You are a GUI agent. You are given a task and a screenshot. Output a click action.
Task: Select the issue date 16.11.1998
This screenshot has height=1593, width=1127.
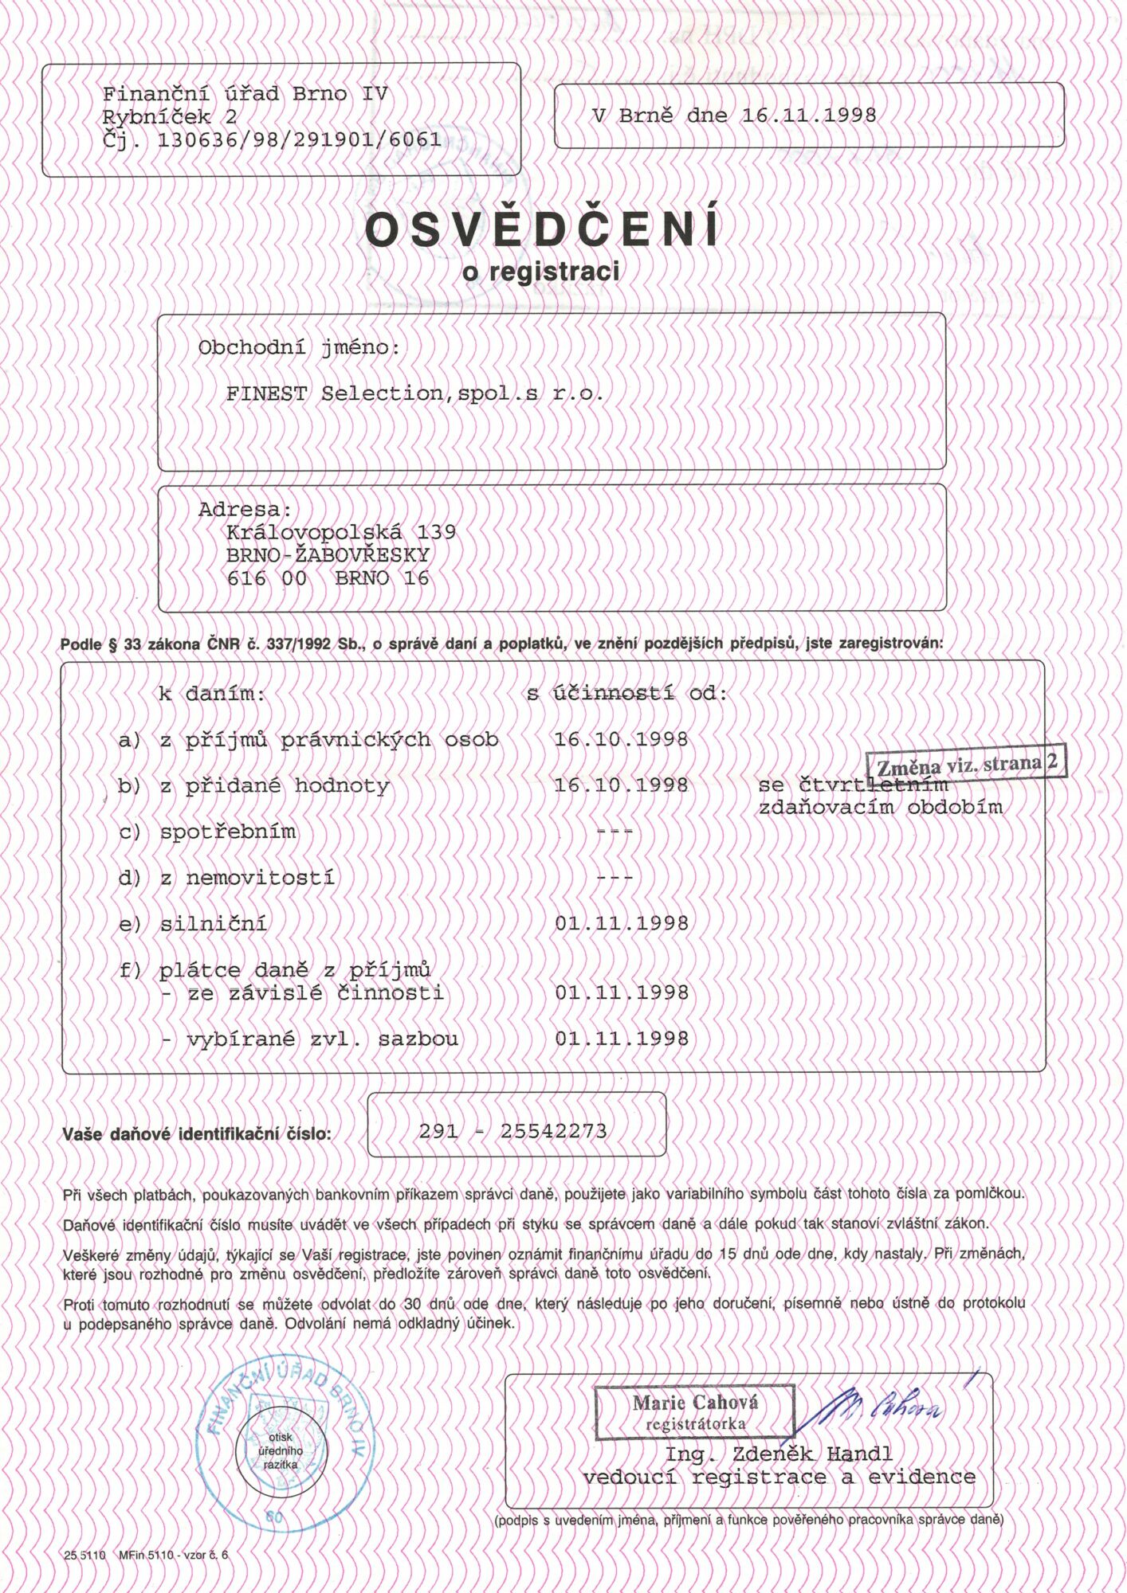[808, 115]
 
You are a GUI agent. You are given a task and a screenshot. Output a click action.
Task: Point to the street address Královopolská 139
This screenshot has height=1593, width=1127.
[341, 531]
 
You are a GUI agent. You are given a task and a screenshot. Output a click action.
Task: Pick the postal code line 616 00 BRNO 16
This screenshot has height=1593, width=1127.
[328, 579]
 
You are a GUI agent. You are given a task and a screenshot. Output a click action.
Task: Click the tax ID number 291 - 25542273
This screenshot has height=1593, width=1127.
[512, 1131]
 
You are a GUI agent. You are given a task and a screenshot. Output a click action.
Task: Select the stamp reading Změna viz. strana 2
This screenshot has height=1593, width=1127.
[966, 765]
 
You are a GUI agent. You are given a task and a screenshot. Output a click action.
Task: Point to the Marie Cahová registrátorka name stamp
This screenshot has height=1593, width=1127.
[695, 1412]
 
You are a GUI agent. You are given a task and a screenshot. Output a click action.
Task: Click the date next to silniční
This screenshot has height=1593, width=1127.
[621, 924]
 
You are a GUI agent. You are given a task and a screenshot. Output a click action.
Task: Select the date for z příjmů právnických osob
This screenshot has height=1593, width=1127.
[621, 740]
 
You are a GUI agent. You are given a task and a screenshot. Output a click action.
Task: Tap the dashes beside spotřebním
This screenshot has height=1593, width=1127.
[615, 832]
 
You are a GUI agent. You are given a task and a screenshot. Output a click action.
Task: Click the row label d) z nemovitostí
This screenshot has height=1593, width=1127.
[226, 879]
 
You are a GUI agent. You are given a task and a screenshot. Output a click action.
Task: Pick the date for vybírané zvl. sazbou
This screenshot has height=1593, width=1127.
[621, 1039]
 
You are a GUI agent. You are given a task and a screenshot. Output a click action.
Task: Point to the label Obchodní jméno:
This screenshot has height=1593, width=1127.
[299, 349]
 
